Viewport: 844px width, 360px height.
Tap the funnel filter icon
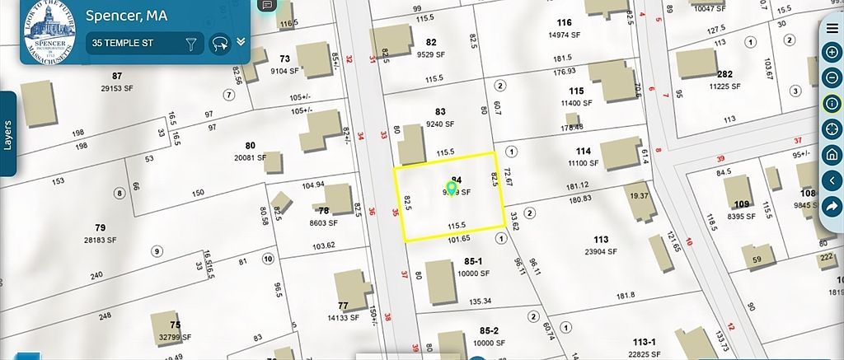[x=191, y=43]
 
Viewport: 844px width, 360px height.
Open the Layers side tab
[x=8, y=133]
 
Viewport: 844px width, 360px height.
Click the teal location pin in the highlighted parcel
[x=452, y=189]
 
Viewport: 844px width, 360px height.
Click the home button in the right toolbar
[x=832, y=154]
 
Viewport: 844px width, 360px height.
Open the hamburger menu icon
[x=832, y=27]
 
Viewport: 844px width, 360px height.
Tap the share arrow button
[x=832, y=207]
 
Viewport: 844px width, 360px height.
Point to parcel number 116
[x=564, y=22]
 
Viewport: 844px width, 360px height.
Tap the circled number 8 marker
[x=120, y=194]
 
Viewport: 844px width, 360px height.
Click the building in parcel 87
[x=40, y=104]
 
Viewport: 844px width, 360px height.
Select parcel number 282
[x=725, y=74]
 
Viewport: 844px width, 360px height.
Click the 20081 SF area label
[x=251, y=157]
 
